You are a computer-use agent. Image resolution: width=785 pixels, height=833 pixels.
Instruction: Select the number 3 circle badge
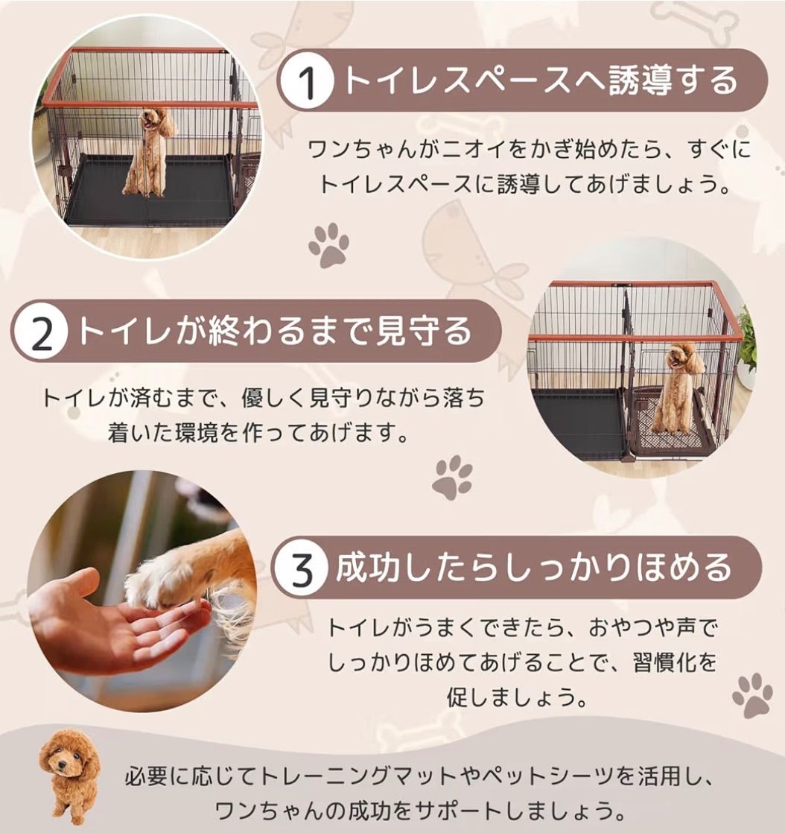pyautogui.click(x=301, y=570)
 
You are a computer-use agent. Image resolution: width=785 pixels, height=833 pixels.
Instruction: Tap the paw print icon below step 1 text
pyautogui.click(x=328, y=245)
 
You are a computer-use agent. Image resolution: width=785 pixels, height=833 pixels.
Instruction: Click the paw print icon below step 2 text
pyautogui.click(x=452, y=478)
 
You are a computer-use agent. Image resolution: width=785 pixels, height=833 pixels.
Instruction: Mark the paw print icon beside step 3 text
pyautogui.click(x=752, y=695)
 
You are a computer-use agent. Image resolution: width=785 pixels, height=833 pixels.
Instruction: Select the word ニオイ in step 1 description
pyautogui.click(x=457, y=149)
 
